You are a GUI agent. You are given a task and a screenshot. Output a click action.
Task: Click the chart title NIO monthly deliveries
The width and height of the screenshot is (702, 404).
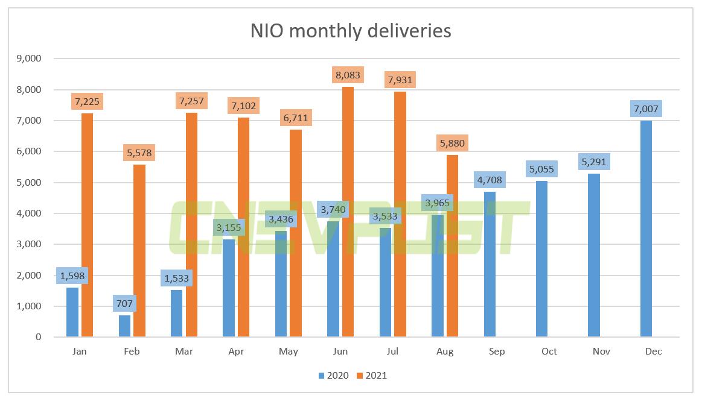pos(351,30)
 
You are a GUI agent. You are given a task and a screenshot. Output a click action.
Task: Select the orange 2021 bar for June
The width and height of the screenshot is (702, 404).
pos(348,211)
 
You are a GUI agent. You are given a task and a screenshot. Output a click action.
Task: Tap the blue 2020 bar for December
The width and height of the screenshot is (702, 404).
pos(646,229)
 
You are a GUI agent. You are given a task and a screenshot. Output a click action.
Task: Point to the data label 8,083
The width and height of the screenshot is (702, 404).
pos(348,75)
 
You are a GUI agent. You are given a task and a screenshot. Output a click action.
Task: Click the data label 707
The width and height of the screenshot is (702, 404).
pos(124,303)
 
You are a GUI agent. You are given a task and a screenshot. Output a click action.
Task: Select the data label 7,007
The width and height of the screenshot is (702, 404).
pos(646,109)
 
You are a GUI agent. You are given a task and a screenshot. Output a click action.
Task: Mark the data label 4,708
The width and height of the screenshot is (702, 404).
pos(490,180)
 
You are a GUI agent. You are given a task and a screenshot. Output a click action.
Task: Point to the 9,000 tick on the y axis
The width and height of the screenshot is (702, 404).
pos(29,58)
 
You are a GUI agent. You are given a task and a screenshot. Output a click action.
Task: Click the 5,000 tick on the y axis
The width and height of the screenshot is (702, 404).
pos(29,183)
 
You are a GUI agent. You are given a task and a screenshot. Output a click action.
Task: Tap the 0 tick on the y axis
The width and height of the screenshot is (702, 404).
pos(38,337)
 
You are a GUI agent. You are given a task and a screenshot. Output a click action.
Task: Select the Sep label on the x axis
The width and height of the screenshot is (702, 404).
pos(497,352)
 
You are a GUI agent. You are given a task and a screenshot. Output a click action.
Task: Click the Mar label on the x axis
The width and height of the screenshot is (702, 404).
pos(183,352)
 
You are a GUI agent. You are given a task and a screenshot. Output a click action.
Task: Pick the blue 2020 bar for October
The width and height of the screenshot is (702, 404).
pos(541,259)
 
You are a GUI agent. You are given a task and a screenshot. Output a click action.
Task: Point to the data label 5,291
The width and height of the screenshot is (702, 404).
pos(594,162)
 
